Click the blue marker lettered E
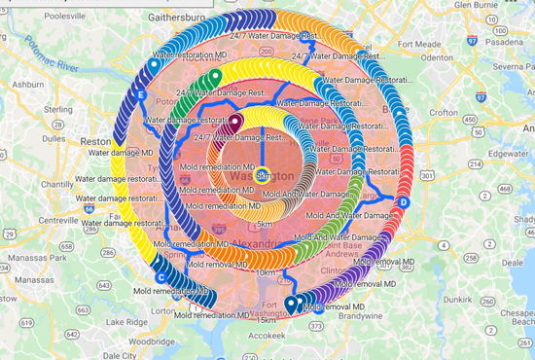click(142, 95)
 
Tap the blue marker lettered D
click(403, 201)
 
